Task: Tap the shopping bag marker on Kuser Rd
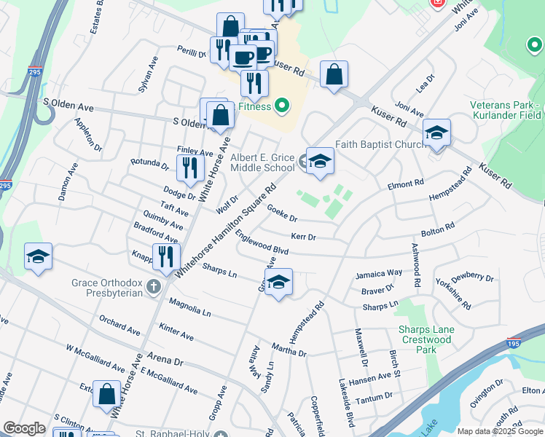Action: (x=334, y=75)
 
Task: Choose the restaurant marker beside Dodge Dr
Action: (x=189, y=168)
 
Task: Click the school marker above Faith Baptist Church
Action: (x=436, y=133)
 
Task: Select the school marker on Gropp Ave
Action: (x=278, y=283)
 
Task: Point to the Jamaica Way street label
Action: (x=379, y=274)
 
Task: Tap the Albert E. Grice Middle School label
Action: (x=262, y=162)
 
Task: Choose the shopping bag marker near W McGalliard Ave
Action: (x=106, y=394)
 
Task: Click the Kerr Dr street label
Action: (x=303, y=237)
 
